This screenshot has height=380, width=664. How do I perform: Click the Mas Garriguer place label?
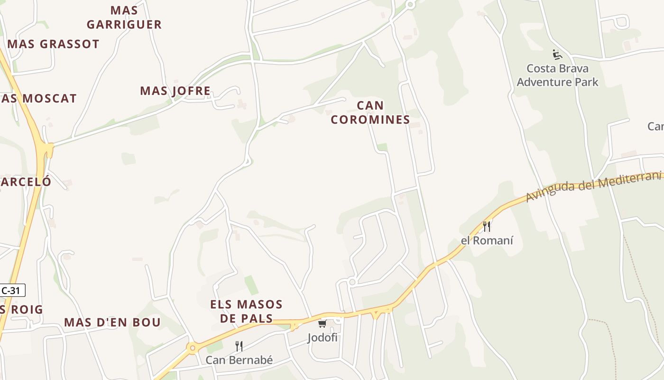click(x=124, y=18)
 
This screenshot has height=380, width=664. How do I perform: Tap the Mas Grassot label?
click(x=54, y=44)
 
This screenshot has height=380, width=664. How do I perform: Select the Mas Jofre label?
click(x=175, y=91)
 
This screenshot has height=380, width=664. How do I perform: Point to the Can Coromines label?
click(x=370, y=113)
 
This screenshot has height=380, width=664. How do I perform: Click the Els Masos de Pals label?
click(x=247, y=311)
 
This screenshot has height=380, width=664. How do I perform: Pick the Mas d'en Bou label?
click(x=112, y=323)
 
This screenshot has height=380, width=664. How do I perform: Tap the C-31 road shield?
click(x=11, y=291)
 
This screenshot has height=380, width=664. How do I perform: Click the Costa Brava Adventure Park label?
click(x=557, y=75)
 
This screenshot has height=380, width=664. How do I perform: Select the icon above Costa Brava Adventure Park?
click(x=557, y=55)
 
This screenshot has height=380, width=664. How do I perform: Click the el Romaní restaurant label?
click(x=487, y=240)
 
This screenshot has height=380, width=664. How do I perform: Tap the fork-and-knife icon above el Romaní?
click(x=487, y=227)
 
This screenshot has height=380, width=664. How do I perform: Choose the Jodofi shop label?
click(x=323, y=338)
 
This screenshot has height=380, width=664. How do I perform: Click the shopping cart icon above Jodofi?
click(x=323, y=324)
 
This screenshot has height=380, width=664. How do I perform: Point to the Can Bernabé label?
click(x=239, y=360)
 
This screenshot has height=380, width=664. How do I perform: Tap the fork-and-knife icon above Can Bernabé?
click(x=239, y=346)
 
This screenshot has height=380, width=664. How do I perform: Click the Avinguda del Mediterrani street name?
click(x=593, y=185)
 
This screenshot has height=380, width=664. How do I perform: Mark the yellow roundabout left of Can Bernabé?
click(x=192, y=349)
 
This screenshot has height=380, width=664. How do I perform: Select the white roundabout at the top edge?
click(x=411, y=4)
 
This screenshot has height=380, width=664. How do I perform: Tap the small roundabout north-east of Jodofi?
click(x=352, y=282)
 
